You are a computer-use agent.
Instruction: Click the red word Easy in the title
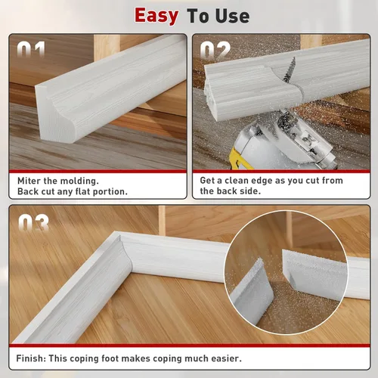point(156,17)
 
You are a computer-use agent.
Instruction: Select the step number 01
point(31,49)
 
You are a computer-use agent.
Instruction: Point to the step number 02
point(215,50)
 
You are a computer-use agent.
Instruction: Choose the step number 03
point(33,223)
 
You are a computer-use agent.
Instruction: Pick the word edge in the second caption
point(261,181)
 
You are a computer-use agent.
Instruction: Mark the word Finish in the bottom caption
point(31,358)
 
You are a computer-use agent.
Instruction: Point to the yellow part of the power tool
point(241,159)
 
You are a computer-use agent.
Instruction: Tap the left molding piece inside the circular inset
point(252,293)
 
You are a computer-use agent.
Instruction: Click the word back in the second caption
point(227,191)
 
